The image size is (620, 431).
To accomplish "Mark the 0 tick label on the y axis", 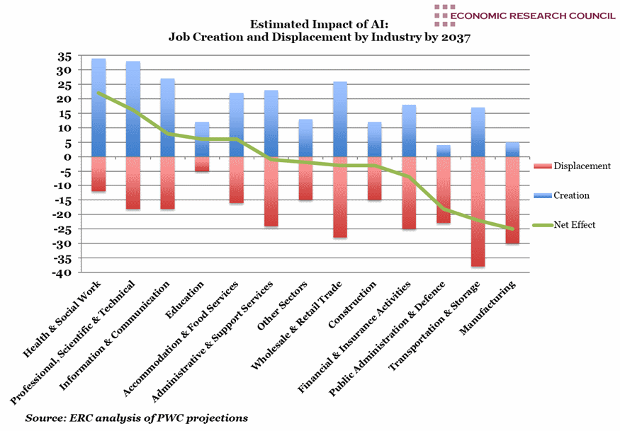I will [x=68, y=157].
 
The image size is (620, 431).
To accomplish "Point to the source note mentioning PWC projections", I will [x=137, y=418].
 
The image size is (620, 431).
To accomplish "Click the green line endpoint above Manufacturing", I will [x=512, y=229].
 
